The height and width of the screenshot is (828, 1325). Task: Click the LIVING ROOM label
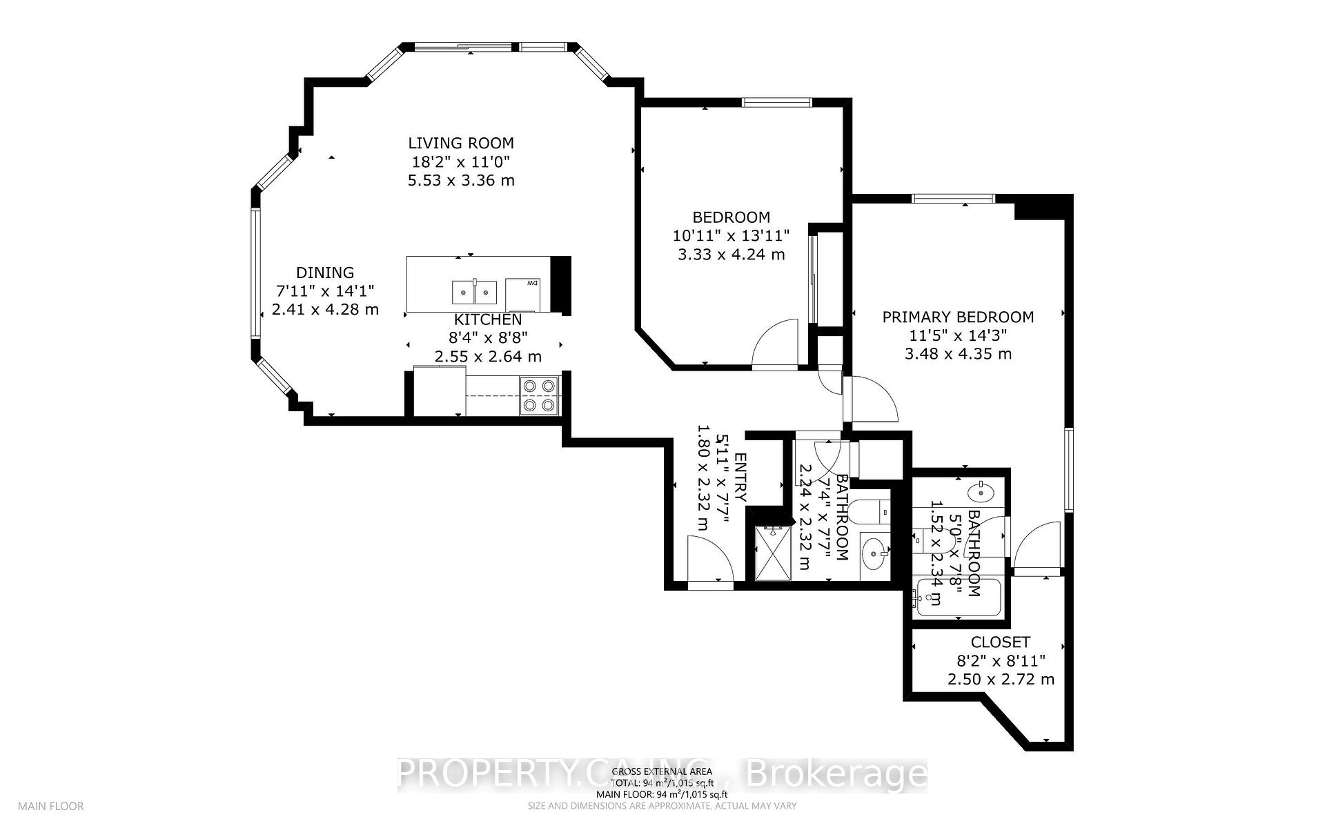[x=461, y=144]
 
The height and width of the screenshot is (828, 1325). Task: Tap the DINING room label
[x=325, y=273]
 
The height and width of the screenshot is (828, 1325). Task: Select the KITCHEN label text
[x=487, y=320]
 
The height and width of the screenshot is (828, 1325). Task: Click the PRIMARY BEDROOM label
[x=958, y=317]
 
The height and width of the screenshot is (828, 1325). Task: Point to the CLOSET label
[x=1000, y=642]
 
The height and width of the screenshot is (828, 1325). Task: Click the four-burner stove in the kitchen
[x=539, y=395]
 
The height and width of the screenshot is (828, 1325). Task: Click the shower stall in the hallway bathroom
[x=773, y=552]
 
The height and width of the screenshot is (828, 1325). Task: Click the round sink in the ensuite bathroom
[x=981, y=493]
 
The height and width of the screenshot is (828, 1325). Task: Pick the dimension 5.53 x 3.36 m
[x=461, y=181]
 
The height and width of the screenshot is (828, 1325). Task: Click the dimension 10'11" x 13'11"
[x=731, y=235]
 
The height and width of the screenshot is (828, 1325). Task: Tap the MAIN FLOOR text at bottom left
[x=50, y=806]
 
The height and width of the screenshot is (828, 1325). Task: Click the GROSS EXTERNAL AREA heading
[x=662, y=771]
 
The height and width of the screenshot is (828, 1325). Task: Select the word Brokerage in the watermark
[x=837, y=774]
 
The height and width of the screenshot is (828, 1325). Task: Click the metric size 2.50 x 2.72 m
[x=1001, y=680]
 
